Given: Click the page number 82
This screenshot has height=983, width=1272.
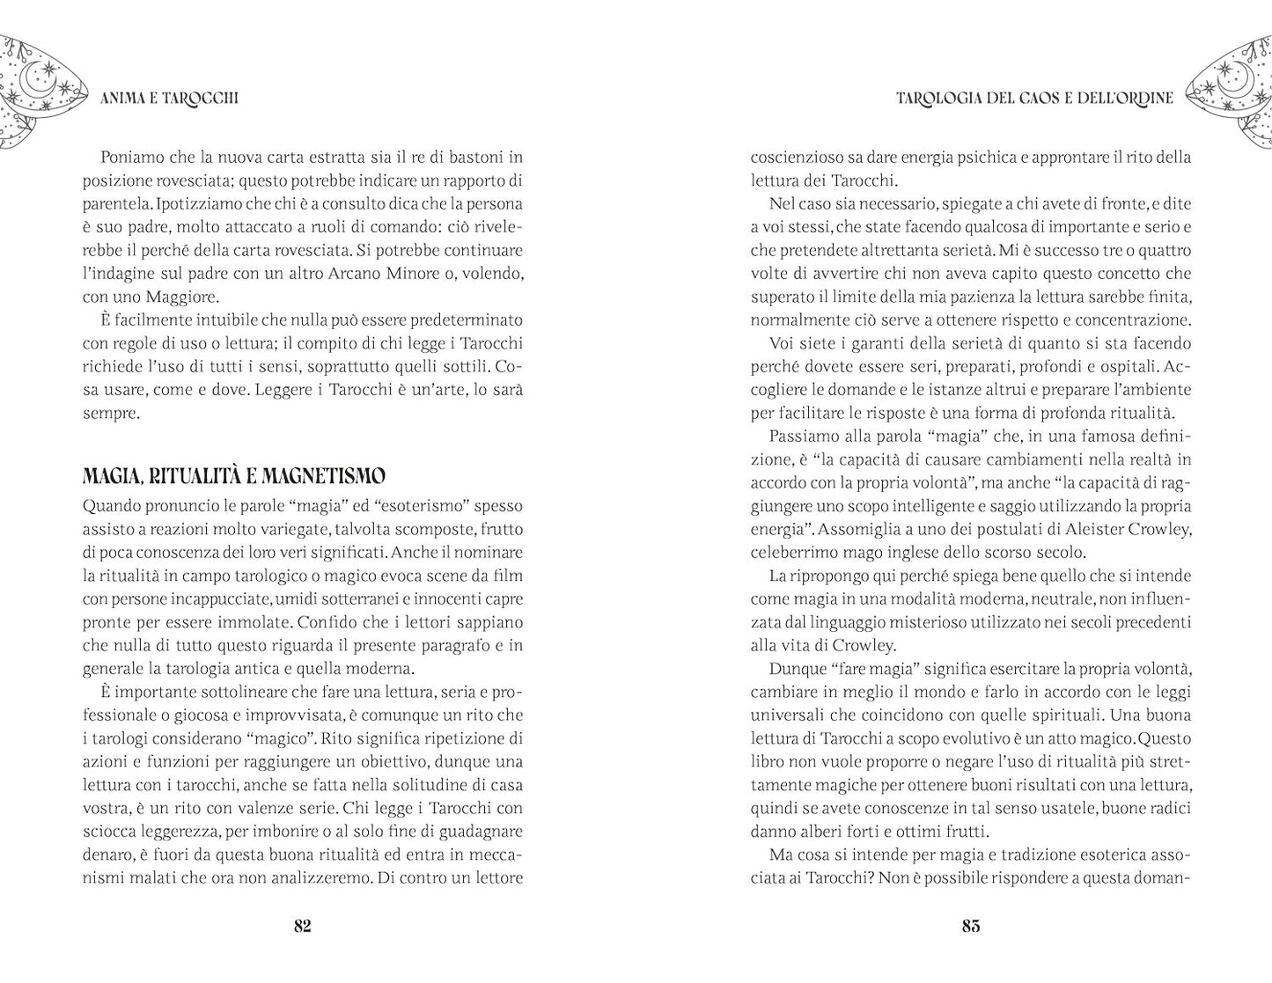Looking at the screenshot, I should (x=302, y=926).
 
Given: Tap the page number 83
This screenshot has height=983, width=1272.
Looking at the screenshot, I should (x=971, y=926).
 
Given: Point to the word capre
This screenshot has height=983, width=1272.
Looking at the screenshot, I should (x=502, y=599).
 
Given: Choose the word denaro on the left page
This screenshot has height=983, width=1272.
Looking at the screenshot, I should (x=107, y=855).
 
